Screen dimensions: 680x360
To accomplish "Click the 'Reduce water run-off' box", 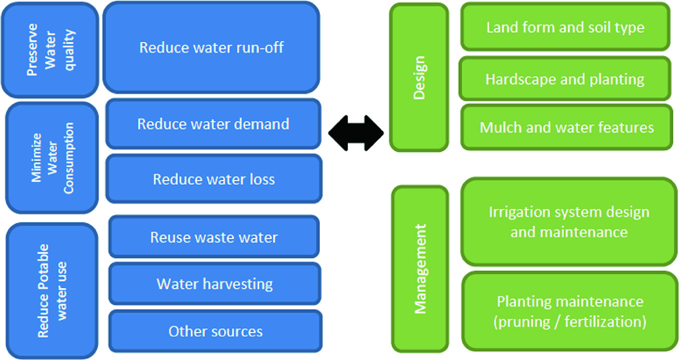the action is click(x=211, y=47).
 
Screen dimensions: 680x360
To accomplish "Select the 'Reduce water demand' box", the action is click(x=214, y=123).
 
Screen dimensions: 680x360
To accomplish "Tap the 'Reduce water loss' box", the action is click(x=214, y=179).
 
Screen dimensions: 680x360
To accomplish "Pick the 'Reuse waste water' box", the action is click(x=214, y=237).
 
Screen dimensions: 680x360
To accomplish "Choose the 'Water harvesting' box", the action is click(x=215, y=284).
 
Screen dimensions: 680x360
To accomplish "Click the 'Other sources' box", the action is click(x=216, y=331).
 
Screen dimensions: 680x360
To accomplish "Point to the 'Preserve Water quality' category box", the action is click(x=50, y=50).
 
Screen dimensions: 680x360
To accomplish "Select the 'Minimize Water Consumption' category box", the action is click(x=52, y=158).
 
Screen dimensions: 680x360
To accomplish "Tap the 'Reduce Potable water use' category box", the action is click(x=52, y=291).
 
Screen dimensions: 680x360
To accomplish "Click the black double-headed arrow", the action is click(x=356, y=133).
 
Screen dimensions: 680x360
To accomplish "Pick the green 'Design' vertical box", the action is click(x=419, y=77).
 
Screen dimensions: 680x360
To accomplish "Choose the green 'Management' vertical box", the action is click(x=420, y=268).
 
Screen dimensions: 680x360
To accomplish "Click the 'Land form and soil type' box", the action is click(x=565, y=26).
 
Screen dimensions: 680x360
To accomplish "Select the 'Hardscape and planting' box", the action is click(x=565, y=79).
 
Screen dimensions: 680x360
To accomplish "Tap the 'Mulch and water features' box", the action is click(x=567, y=127).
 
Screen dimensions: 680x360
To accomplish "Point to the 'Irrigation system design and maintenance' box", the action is click(x=569, y=221).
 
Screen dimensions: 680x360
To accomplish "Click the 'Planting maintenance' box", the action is click(x=570, y=311).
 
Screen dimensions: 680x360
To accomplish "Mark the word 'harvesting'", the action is click(x=238, y=284).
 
